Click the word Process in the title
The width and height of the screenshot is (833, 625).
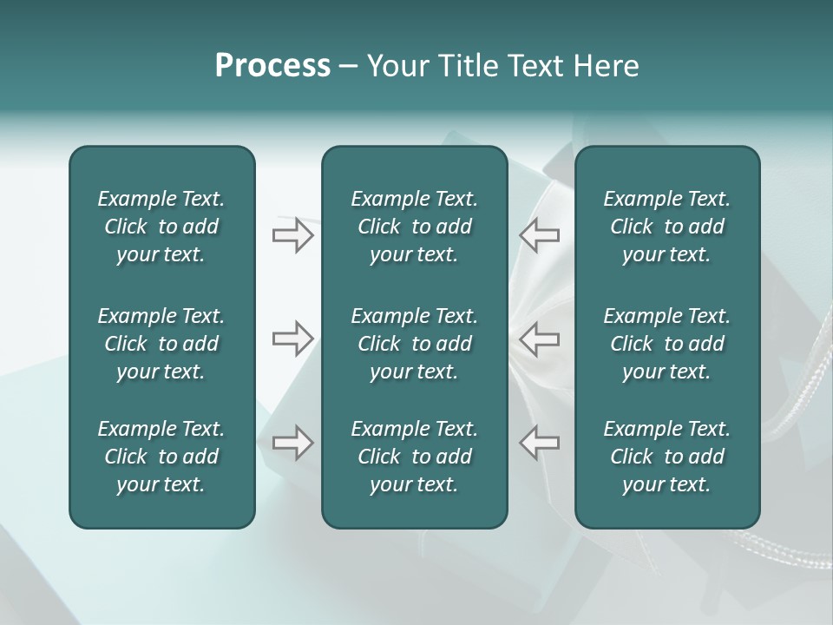pyautogui.click(x=272, y=66)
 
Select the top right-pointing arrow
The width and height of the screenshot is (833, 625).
pyautogui.click(x=292, y=235)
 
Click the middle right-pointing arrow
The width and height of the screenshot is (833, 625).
pyautogui.click(x=292, y=339)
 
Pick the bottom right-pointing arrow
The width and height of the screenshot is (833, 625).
pyautogui.click(x=292, y=443)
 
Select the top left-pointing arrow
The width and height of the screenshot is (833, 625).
pyautogui.click(x=539, y=235)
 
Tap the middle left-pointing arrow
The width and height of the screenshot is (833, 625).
pyautogui.click(x=539, y=339)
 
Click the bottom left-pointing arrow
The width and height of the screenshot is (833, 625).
pyautogui.click(x=539, y=443)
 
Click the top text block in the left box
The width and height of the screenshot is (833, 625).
pyautogui.click(x=161, y=227)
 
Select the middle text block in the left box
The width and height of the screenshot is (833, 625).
pyautogui.click(x=161, y=344)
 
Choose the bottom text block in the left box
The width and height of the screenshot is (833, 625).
pyautogui.click(x=161, y=457)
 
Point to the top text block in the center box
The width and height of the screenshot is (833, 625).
pyautogui.click(x=415, y=227)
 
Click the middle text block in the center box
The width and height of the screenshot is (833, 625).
pyautogui.click(x=415, y=344)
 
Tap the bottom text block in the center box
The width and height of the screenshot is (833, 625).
pyautogui.click(x=415, y=457)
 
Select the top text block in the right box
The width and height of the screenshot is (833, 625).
pyautogui.click(x=667, y=227)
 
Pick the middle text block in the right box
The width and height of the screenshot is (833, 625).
pyautogui.click(x=667, y=344)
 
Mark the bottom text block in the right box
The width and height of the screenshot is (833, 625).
pyautogui.click(x=667, y=457)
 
